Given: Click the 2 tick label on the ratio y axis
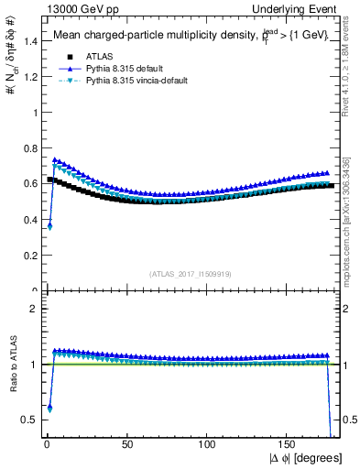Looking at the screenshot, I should (x=32, y=310).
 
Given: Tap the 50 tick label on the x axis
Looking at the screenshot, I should (x=127, y=445).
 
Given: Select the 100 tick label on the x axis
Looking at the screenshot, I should (x=208, y=445).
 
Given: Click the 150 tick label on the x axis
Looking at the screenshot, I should (x=289, y=445).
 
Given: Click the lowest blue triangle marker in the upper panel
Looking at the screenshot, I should (x=49, y=225).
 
